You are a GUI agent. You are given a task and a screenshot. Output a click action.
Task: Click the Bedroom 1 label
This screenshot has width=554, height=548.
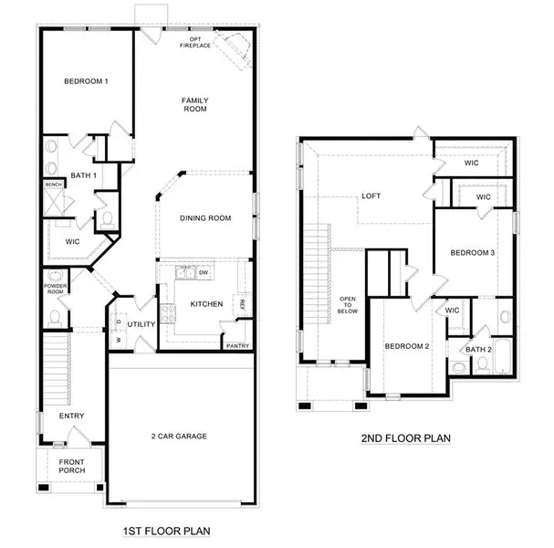[86, 82]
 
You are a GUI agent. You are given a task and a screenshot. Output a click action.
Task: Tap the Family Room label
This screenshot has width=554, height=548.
[194, 103]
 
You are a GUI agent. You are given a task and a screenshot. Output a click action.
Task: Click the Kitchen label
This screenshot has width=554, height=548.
[206, 303]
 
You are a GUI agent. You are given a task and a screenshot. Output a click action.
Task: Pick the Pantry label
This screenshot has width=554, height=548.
[237, 345]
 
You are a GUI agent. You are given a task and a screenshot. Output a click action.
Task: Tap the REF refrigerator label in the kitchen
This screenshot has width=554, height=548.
[243, 304]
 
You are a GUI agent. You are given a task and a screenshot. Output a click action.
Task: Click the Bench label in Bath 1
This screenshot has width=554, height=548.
[54, 184]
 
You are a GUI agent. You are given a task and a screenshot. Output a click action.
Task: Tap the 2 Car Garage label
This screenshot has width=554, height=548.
[179, 436]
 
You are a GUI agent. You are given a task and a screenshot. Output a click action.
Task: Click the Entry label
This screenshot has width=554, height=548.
[71, 416]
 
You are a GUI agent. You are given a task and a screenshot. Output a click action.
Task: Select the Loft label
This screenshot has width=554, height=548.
[371, 195]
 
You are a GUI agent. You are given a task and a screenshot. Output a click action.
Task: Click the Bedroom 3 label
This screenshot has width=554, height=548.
[471, 253]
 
